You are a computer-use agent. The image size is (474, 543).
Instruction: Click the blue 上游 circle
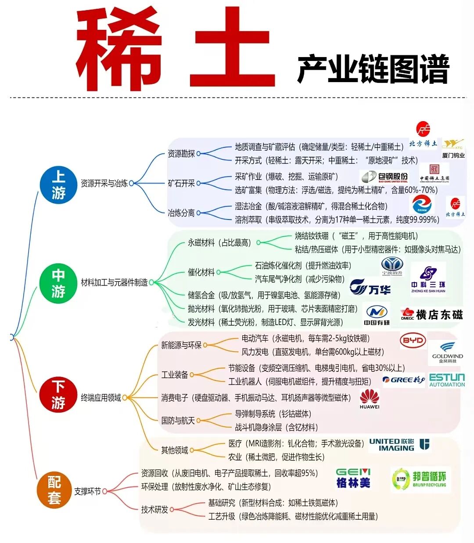(58, 184)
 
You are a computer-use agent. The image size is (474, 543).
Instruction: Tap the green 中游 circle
(58, 283)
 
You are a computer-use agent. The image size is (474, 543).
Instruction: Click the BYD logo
(413, 341)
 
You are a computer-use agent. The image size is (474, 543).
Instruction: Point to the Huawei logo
(370, 399)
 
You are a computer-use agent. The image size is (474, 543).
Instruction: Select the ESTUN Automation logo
(447, 380)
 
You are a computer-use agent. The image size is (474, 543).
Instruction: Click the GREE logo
(404, 380)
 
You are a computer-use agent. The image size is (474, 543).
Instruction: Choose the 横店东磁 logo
(432, 314)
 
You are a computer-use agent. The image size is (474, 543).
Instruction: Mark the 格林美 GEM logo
(353, 478)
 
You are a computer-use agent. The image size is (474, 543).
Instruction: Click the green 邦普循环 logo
(420, 479)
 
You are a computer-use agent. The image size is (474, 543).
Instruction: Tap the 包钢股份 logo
(385, 177)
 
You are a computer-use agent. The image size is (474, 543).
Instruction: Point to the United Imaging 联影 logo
(399, 445)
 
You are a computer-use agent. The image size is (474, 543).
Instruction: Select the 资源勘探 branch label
(181, 154)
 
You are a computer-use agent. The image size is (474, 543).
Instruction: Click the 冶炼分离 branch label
(181, 213)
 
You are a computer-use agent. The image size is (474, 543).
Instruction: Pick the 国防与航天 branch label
(178, 421)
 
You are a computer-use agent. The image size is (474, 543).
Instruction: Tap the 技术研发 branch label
(154, 510)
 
